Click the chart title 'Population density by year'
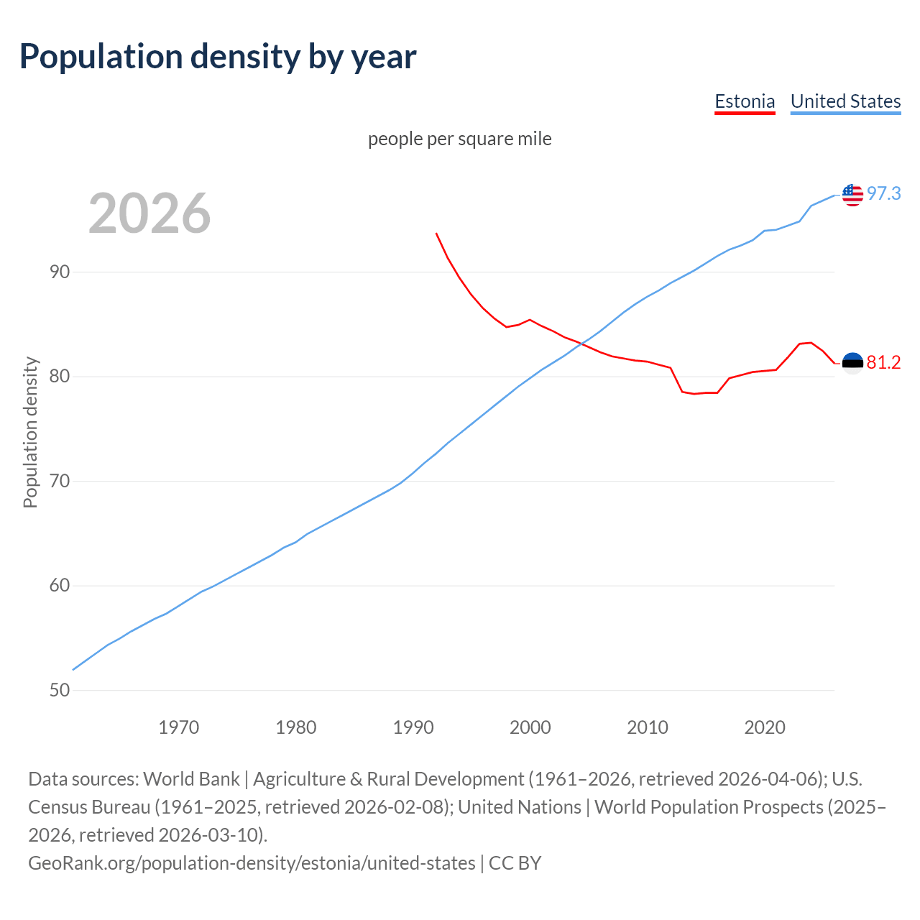click(218, 57)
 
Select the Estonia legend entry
click(745, 101)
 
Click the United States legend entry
click(845, 101)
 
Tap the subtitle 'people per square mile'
click(459, 139)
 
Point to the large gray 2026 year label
click(149, 213)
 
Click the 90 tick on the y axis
click(60, 272)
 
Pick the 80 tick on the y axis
click(60, 377)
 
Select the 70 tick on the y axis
click(60, 481)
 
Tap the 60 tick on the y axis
click(60, 586)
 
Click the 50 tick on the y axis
click(60, 690)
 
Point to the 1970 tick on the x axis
click(178, 727)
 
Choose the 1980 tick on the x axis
click(296, 727)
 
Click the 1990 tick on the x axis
click(413, 727)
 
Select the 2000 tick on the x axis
click(530, 727)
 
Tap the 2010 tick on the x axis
click(648, 727)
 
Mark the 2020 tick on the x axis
click(765, 727)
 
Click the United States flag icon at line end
click(852, 194)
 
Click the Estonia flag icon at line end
click(852, 363)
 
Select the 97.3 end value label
click(883, 194)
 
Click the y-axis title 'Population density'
click(30, 432)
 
